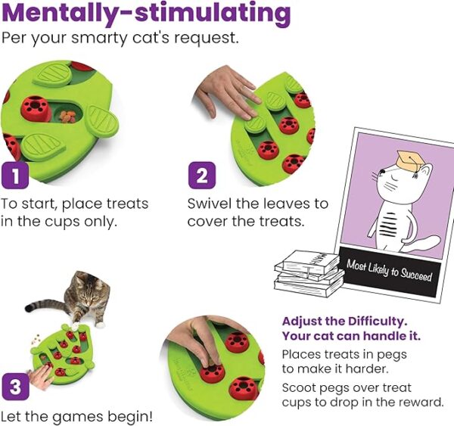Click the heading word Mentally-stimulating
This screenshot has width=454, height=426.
click(x=146, y=13)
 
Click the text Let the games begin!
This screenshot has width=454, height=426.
click(x=76, y=416)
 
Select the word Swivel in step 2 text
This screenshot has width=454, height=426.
click(x=210, y=204)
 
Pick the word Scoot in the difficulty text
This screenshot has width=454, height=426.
click(x=299, y=387)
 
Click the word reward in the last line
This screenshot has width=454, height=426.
click(x=416, y=403)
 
